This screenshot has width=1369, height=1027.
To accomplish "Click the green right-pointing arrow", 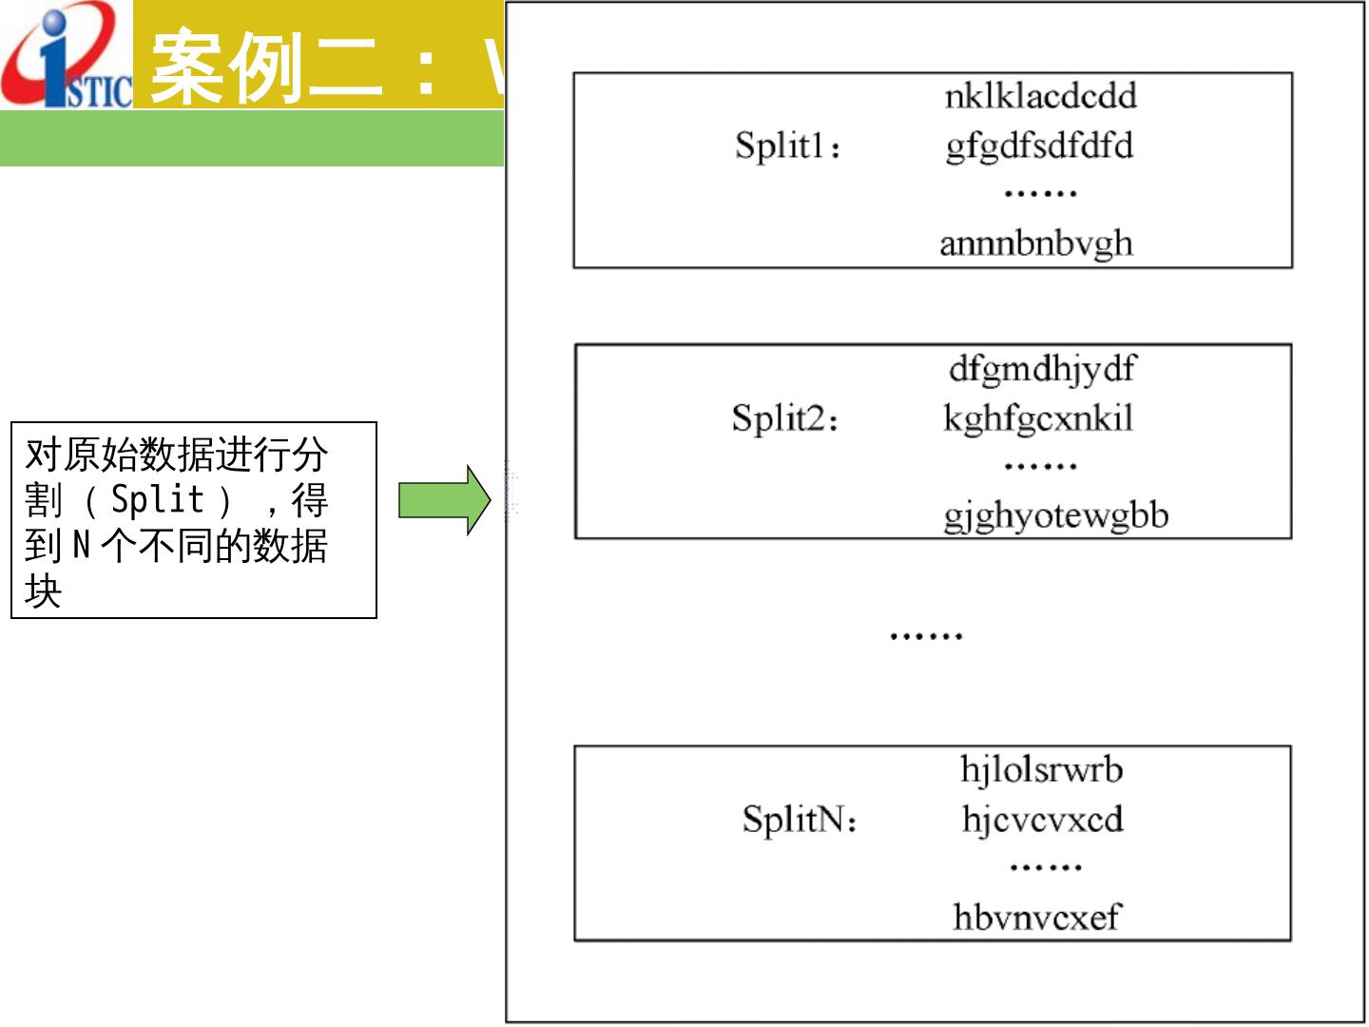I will pyautogui.click(x=443, y=499).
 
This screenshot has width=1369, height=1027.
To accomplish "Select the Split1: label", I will pyautogui.click(x=787, y=146).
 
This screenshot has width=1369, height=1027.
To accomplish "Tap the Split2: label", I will pyautogui.click(x=784, y=418).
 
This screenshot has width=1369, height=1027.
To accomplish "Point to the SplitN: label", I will pyautogui.click(x=799, y=820).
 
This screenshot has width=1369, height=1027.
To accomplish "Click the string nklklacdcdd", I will pyautogui.click(x=1040, y=96).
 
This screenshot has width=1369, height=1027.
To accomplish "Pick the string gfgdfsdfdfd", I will pyautogui.click(x=1039, y=146).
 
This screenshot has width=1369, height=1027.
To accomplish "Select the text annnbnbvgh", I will pyautogui.click(x=1036, y=243).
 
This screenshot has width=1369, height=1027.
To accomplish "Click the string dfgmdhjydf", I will pyautogui.click(x=1042, y=368).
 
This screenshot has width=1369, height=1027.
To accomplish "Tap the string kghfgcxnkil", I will pyautogui.click(x=1038, y=418).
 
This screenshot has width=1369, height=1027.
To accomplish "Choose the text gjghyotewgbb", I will pyautogui.click(x=1055, y=515).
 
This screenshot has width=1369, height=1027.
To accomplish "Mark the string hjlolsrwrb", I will pyautogui.click(x=1041, y=769).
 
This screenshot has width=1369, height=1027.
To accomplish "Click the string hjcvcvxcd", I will pyautogui.click(x=1042, y=819).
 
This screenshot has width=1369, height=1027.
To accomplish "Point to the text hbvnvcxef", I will pyautogui.click(x=1036, y=917).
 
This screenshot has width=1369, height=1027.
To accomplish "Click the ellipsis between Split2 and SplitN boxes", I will pyautogui.click(x=926, y=635).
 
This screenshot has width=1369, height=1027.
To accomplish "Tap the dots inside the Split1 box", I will pyautogui.click(x=1040, y=194).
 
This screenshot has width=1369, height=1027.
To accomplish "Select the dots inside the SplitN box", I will pyautogui.click(x=1045, y=867).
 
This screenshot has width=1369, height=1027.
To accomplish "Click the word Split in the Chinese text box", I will pyautogui.click(x=158, y=499).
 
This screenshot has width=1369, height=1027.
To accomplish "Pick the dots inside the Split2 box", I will pyautogui.click(x=1040, y=467).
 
